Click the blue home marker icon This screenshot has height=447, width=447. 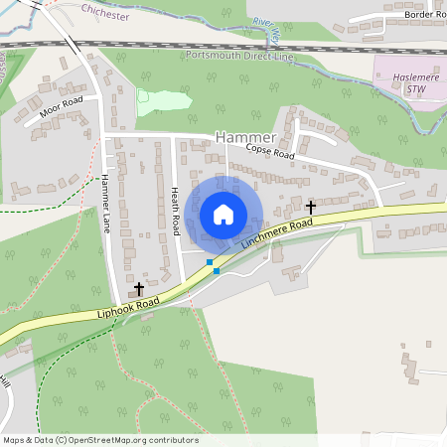pos(223,214)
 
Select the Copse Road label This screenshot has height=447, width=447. pos(271,154)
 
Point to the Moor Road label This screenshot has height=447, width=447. pos(62,106)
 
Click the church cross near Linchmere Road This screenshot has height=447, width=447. pos(311,207)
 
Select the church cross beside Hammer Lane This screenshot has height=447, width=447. pos(138,288)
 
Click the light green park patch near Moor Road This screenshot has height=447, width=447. pos(164,99)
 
